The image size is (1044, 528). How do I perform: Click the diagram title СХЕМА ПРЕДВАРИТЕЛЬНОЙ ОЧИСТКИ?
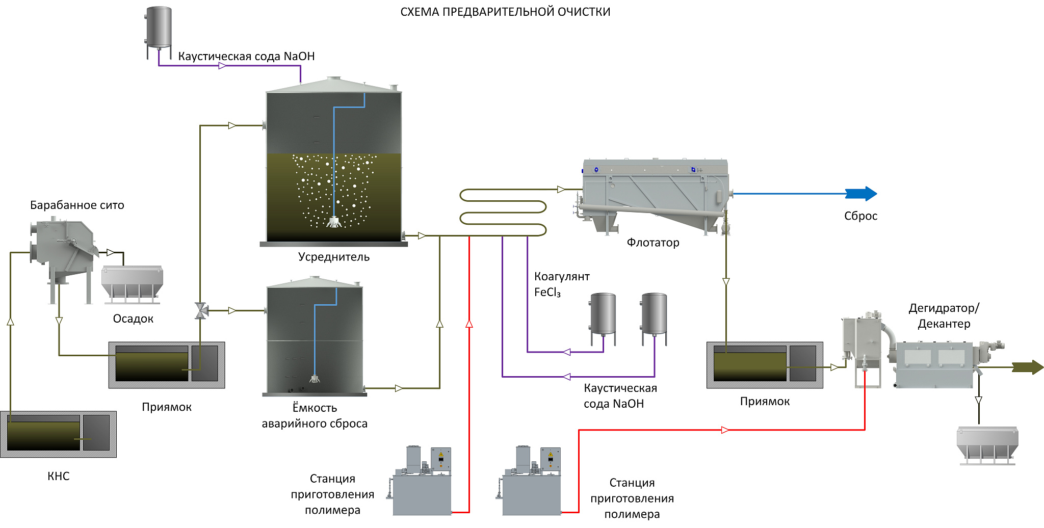[505, 12]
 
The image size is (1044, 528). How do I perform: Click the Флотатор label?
[653, 243]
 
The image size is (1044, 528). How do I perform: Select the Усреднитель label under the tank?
[334, 257]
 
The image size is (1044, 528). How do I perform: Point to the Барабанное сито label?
[77, 205]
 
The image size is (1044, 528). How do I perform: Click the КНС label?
[59, 476]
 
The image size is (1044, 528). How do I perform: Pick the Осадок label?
[133, 319]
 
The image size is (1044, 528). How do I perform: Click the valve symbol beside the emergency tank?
[201, 310]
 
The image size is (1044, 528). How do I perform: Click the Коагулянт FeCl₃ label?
[561, 284]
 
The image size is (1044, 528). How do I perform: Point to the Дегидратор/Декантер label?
[944, 316]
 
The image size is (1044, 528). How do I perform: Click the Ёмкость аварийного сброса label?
[315, 415]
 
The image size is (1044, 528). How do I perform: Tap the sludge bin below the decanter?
[987, 444]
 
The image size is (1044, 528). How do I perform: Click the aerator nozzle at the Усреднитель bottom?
[334, 222]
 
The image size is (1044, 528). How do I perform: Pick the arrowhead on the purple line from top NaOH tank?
[222, 66]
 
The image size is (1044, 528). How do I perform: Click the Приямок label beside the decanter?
[765, 402]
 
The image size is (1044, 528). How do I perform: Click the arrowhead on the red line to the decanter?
[725, 430]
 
